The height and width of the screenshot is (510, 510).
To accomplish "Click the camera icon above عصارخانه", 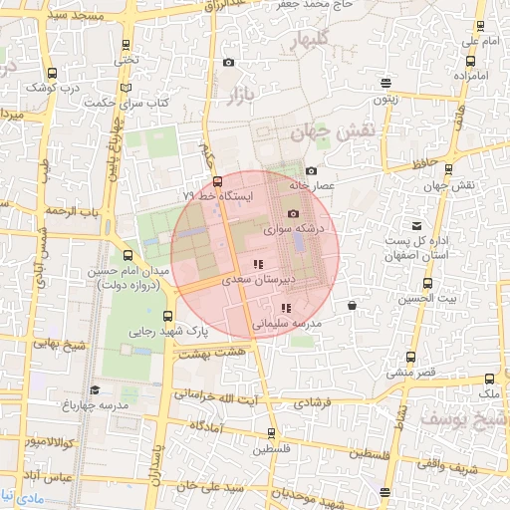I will point(311,170).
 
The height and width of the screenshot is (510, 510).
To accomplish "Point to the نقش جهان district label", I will point(332,131).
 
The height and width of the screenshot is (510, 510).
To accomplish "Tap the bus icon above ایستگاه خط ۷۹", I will point(217,181).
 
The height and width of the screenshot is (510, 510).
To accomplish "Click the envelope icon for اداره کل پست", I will point(415,226).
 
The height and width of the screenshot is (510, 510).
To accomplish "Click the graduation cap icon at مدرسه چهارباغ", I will point(95,390).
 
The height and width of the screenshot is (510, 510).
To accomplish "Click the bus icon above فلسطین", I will point(272,433).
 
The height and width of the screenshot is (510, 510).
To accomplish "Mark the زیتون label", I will point(386,99).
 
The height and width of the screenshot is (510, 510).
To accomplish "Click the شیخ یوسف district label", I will point(460,418).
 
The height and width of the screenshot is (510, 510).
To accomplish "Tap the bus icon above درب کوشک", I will point(52,72).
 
